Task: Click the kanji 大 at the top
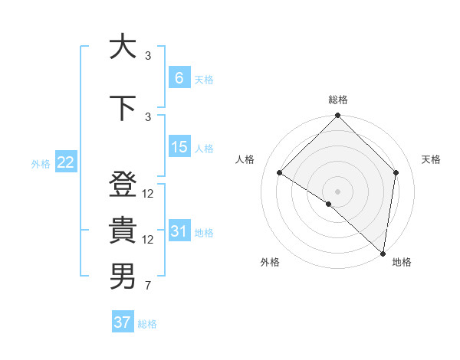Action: point(122,47)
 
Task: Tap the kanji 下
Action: point(122,107)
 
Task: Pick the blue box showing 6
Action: point(179,78)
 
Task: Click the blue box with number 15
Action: point(179,147)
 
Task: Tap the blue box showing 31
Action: point(179,231)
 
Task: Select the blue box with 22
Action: point(66,162)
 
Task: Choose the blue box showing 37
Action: point(123,322)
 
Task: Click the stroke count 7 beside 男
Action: point(147,286)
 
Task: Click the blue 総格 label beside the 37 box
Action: point(147,324)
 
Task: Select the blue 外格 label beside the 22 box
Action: point(41,163)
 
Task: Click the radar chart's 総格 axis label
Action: point(337,100)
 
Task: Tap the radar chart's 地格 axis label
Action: point(402,262)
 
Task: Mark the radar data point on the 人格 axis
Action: point(280,172)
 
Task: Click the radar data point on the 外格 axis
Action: point(328,204)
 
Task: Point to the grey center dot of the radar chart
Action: point(337,191)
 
